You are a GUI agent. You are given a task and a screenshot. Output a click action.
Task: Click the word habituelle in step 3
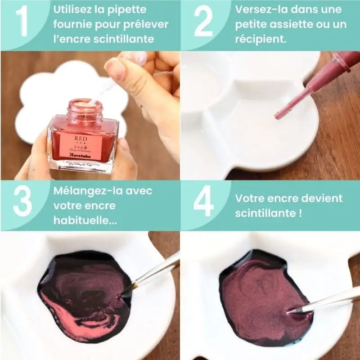80,220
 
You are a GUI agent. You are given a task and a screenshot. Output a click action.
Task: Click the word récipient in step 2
258,39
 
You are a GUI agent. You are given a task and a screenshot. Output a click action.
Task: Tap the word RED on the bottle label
81,137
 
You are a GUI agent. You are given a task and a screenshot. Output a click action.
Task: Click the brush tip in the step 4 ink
290,310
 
